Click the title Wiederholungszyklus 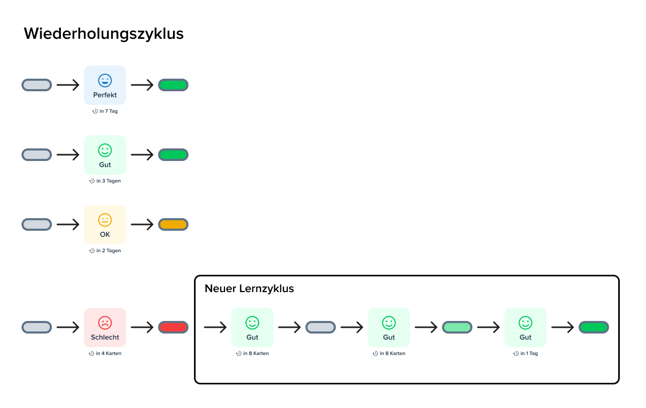point(104,34)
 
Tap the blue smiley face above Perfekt point(105,80)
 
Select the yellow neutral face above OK point(105,220)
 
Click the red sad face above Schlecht point(105,323)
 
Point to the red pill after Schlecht point(173,327)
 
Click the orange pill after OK point(173,224)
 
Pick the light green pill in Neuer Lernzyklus point(457,327)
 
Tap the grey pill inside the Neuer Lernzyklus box point(320,327)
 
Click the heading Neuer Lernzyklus point(249,288)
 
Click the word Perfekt point(105,95)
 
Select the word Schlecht point(105,338)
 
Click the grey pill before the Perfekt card point(37,85)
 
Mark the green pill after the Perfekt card point(173,85)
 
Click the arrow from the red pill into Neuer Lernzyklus point(215,327)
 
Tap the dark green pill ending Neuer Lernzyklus point(594,327)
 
